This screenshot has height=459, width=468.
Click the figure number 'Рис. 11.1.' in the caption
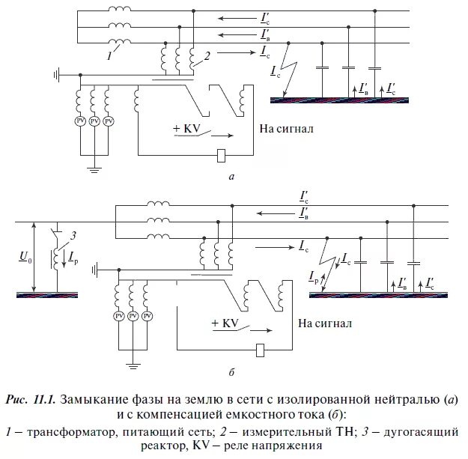pos(32,398)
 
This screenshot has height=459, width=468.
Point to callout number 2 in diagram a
pos(207,53)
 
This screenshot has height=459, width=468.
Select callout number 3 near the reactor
pos(72,237)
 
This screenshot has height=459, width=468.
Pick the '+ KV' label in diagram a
pos(185,129)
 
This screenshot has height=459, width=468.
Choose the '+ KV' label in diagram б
pos(224,323)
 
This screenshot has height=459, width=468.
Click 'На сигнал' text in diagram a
pos(286,129)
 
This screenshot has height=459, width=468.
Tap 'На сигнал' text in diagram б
pos(324,323)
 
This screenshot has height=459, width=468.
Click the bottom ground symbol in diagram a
pos(94,169)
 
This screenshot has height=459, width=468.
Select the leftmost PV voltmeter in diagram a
pos(79,121)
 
